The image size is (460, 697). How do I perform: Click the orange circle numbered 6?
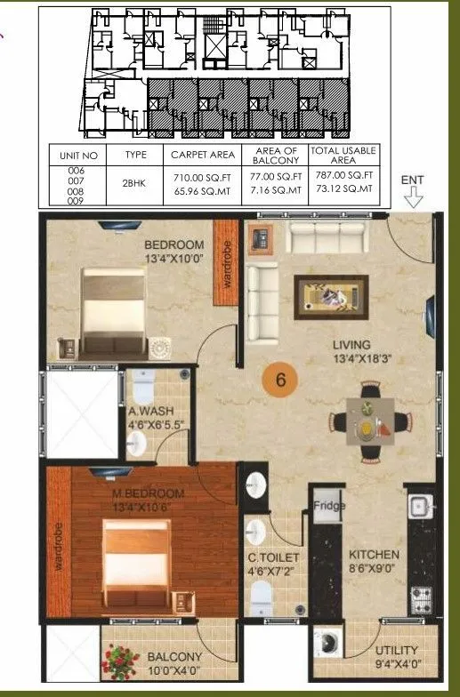coord(280,381)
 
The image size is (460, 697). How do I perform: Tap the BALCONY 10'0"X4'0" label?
coord(175,662)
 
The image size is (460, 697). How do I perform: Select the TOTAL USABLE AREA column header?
coord(343,156)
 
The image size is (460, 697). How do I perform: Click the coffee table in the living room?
coord(331,292)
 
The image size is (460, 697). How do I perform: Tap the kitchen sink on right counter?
coord(417,507)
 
